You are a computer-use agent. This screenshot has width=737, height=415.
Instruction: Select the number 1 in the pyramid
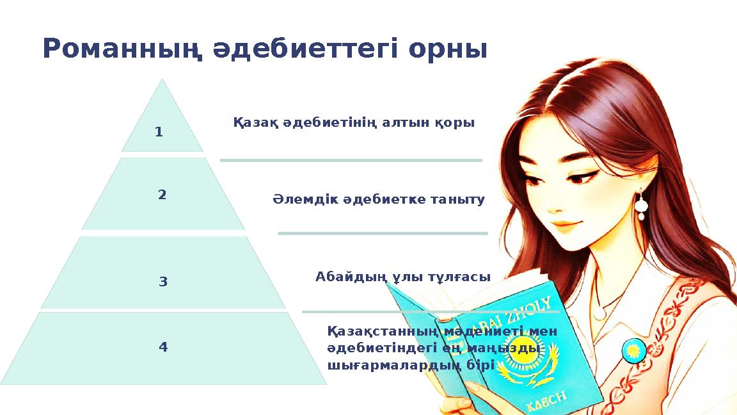coord(159,133)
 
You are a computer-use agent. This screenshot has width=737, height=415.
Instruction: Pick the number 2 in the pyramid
coord(162,195)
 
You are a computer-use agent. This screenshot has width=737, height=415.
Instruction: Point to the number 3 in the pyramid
coord(162,281)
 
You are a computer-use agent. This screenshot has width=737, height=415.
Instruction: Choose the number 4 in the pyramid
coord(162,347)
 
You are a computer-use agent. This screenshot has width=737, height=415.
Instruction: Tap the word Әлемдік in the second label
coord(296,200)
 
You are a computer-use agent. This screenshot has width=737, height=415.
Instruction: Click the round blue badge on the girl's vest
coord(633,349)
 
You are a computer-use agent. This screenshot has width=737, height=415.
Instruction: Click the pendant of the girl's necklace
coord(599,312)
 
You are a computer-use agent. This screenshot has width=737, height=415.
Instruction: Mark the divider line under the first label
coord(351,160)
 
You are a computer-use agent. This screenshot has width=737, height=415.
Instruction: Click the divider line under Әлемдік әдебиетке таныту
coord(383,234)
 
